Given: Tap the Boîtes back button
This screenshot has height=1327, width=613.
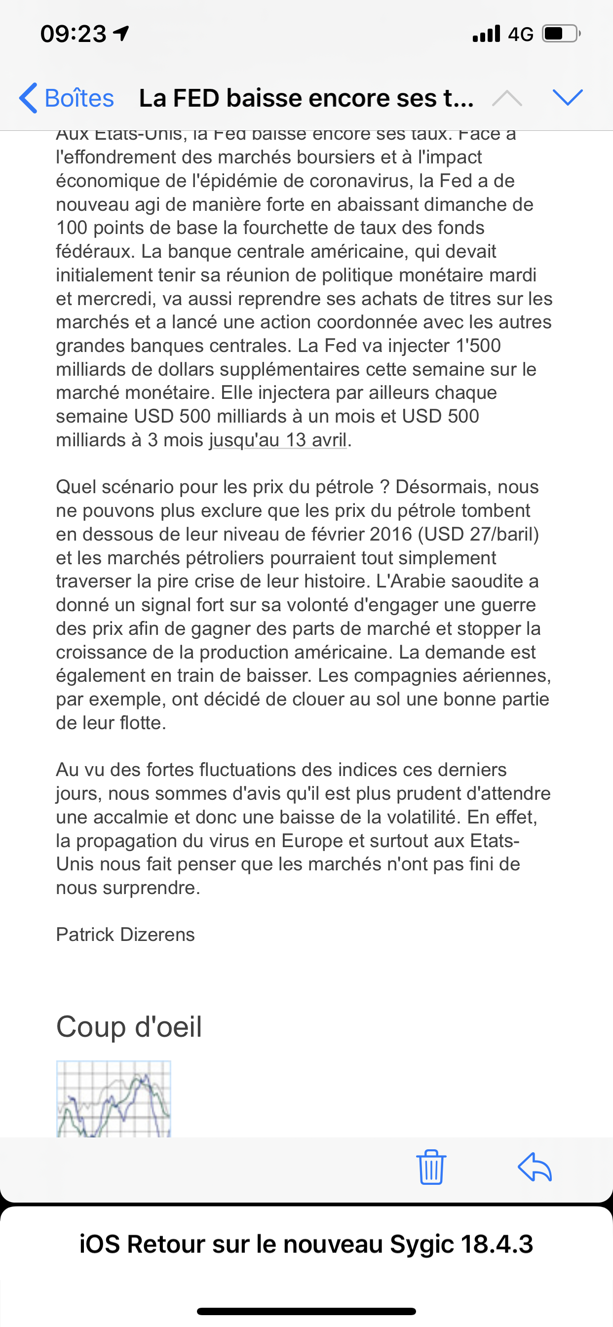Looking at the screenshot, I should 67,98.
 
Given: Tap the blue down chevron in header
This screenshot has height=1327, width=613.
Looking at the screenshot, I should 567,97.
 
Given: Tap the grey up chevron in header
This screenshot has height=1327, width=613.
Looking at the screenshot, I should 507,97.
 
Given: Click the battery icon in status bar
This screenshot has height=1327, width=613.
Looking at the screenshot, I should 561,34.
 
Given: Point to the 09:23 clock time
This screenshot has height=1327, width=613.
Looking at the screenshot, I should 73,34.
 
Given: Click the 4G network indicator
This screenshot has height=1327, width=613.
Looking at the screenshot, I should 520,35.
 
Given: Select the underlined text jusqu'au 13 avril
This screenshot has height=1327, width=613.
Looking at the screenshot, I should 278,440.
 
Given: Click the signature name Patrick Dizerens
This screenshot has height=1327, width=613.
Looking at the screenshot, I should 125,935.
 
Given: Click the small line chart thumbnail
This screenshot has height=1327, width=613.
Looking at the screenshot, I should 114,1098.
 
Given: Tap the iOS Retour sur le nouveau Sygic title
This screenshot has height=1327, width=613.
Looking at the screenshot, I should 306,1244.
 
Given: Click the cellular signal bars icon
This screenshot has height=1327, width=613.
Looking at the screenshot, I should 486,34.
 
